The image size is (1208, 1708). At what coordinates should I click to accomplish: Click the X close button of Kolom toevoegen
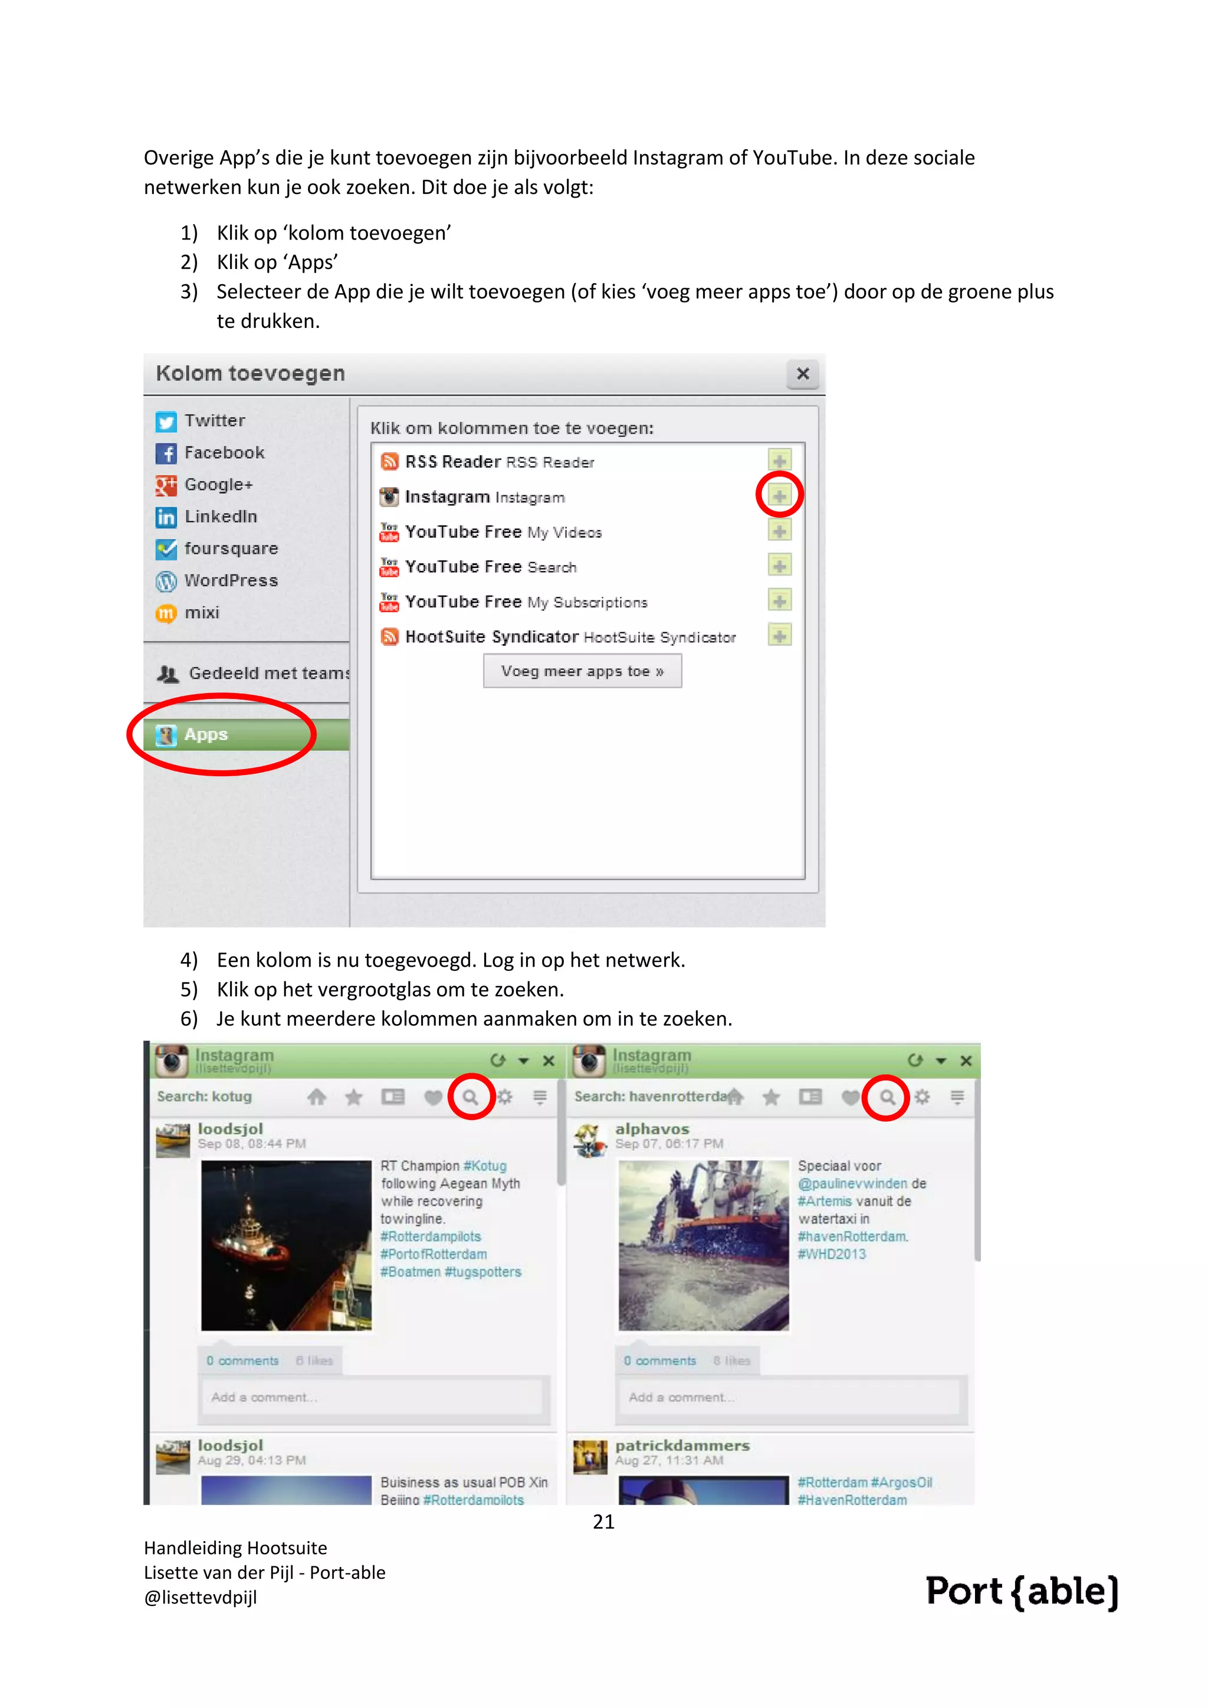803,373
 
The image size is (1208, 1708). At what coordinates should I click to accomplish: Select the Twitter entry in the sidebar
214,421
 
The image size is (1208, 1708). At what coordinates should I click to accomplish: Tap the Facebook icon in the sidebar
166,453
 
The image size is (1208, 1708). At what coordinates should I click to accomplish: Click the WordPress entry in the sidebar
230,581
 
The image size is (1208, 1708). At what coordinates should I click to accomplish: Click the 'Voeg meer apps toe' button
582,671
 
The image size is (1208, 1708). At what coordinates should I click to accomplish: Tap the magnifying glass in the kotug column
471,1096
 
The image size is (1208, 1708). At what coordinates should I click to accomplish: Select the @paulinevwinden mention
852,1184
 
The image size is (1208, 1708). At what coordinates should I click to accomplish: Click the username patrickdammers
681,1446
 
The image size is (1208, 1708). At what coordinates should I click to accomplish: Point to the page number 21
603,1522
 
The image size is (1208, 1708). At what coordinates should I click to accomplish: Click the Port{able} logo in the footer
1021,1591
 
